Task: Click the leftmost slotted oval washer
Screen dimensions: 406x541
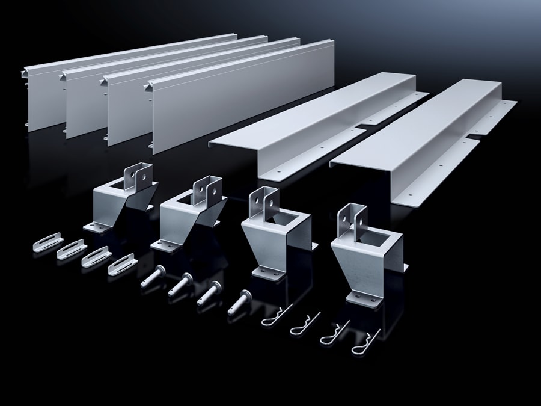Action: pos(47,242)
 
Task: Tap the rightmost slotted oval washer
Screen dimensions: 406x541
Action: pos(121,264)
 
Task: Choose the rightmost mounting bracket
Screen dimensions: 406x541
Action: pos(367,253)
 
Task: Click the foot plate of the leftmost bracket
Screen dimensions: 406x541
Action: pos(96,227)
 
